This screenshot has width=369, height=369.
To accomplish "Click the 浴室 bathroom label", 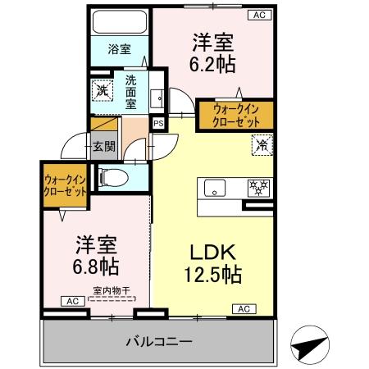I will coord(119,49).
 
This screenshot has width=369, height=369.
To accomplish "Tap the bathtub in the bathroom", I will coord(119,22).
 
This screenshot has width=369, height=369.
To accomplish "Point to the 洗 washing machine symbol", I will coord(102,89).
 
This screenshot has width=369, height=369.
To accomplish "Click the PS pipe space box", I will coord(158,122).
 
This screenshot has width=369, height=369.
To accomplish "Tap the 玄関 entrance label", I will coord(103,147).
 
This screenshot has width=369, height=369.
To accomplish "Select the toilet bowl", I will coord(112,175).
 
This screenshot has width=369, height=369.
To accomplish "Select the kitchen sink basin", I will coord(215,188).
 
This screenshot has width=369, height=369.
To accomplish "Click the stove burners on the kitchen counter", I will coord(260,188).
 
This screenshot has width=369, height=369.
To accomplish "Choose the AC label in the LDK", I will coord(244,308).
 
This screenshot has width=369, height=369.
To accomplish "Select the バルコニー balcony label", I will coord(159,340).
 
